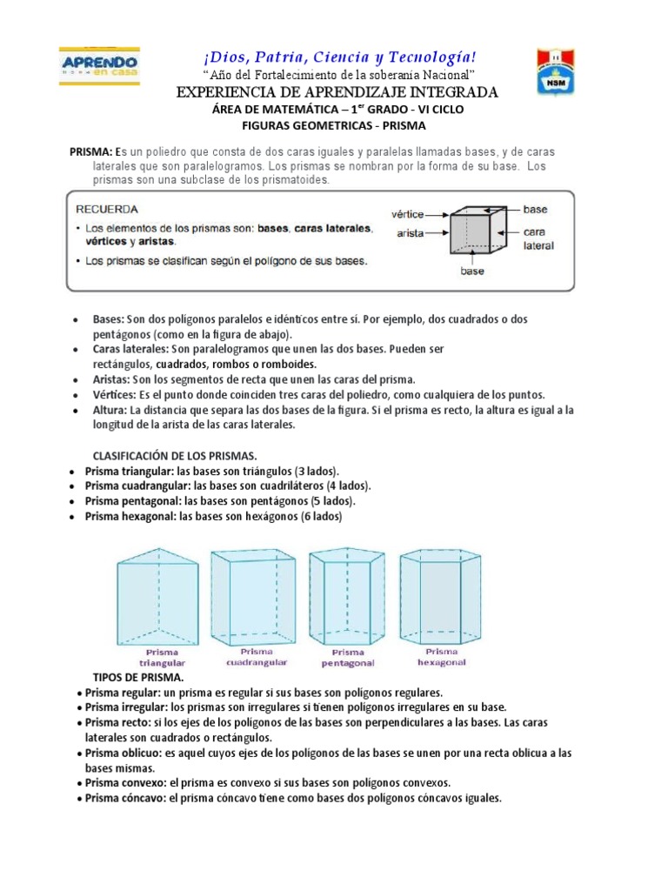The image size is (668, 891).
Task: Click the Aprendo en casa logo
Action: (x=98, y=67)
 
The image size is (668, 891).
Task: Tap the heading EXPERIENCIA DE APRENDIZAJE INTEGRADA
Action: (x=337, y=92)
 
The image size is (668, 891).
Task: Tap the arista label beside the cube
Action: (x=411, y=233)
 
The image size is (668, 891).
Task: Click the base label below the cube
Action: (x=471, y=271)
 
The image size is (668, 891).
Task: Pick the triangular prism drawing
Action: (x=160, y=596)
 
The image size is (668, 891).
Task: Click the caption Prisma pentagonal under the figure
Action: (x=347, y=658)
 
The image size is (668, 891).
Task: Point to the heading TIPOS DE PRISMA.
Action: (x=138, y=677)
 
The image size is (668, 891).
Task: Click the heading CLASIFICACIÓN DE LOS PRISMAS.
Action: (x=175, y=455)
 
